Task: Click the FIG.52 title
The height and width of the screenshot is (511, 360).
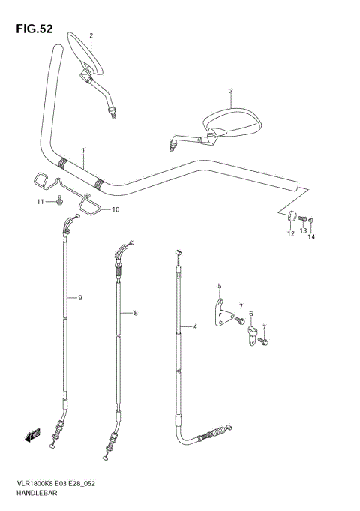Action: pos(34,29)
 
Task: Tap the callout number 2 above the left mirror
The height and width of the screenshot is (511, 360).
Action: pos(91,35)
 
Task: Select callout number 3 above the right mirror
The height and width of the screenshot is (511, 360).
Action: pos(231,91)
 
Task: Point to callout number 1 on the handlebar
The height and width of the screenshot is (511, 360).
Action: pos(83,151)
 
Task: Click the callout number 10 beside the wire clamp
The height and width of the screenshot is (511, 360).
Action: pos(115,209)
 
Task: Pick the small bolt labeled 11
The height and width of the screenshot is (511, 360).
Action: pos(59,200)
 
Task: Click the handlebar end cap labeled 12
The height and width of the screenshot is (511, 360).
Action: pos(291,216)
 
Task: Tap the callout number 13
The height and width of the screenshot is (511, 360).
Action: pos(303,230)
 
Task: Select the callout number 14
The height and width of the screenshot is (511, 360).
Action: pos(311,237)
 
